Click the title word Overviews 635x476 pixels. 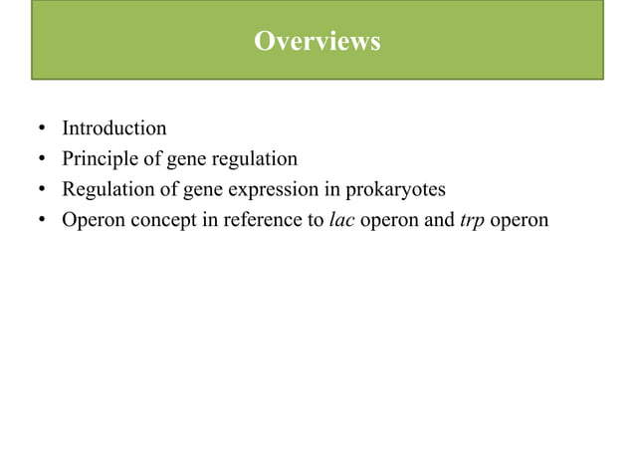pos(317,42)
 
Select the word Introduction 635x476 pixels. pos(114,128)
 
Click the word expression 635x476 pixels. pos(278,188)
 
